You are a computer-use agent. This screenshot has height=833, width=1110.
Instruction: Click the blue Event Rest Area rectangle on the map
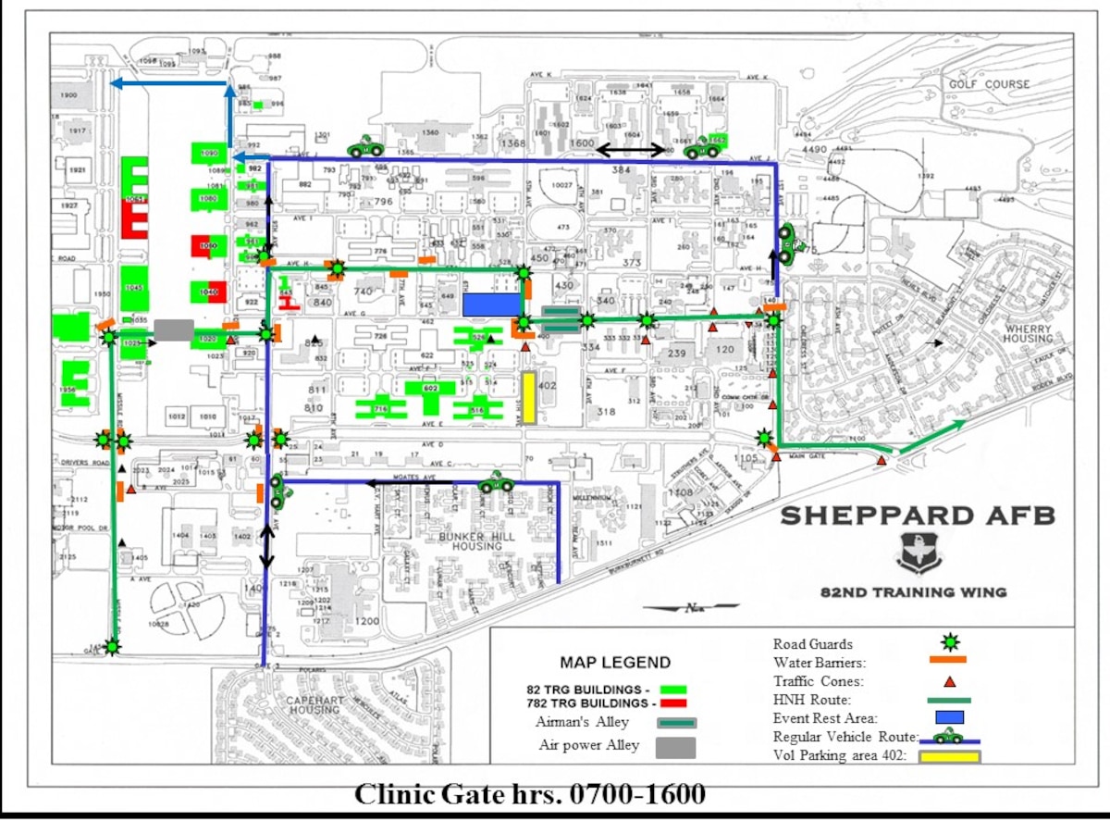pos(492,305)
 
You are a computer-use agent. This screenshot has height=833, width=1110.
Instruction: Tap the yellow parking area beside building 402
pos(529,398)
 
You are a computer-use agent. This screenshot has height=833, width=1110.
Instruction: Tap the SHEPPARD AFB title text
pos(917,516)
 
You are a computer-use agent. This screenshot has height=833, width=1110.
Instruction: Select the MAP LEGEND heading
pos(615,663)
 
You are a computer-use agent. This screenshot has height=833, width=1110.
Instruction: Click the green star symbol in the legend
pos(948,641)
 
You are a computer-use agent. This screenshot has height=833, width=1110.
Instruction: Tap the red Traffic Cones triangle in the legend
pos(947,680)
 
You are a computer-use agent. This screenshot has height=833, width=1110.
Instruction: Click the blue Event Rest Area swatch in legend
pos(949,717)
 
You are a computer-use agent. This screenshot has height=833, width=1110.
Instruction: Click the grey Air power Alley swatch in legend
pos(676,747)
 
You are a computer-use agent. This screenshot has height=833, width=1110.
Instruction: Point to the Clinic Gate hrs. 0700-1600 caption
pos(531,793)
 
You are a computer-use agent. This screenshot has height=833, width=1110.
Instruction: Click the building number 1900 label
pos(68,96)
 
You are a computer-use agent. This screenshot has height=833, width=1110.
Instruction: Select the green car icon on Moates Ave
pos(496,482)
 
